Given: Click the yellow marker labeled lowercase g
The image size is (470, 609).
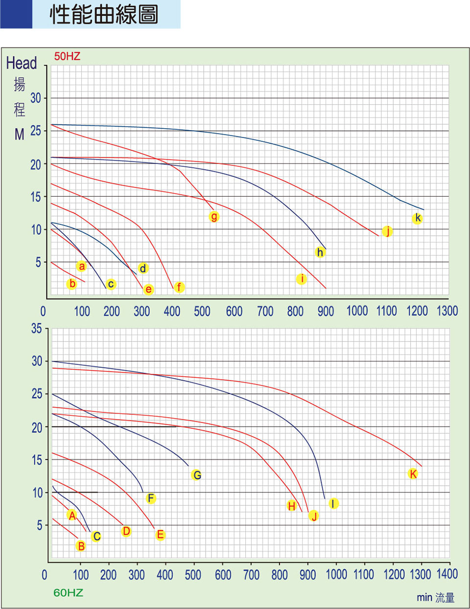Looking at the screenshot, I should [x=214, y=217].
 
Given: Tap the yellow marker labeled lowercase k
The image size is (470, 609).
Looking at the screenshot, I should [x=417, y=218].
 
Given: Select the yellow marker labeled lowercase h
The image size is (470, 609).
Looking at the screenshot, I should [x=320, y=252].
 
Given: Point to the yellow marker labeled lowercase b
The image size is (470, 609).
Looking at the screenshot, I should [x=72, y=284].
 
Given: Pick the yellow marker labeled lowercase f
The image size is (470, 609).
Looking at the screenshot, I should [x=179, y=287].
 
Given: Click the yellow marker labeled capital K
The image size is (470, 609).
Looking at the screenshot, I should [x=413, y=474].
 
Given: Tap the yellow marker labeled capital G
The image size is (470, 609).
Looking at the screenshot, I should [x=196, y=474].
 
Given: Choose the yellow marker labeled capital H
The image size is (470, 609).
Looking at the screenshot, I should [x=292, y=506].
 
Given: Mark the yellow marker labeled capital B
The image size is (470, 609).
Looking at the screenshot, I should [x=81, y=546].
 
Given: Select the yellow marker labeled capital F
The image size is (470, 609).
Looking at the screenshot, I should [x=151, y=498].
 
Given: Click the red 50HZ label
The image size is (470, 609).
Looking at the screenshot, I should [x=67, y=56].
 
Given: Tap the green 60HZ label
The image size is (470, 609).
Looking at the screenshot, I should [x=68, y=593].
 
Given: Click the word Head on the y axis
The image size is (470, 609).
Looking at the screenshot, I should [x=22, y=63].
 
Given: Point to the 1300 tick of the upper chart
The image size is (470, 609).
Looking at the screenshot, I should [x=447, y=311].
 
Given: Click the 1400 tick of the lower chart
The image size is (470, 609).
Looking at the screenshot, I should [x=447, y=574].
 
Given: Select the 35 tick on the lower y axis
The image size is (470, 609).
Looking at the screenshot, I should [x=37, y=329].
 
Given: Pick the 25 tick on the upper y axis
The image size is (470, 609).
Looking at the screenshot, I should [x=36, y=131].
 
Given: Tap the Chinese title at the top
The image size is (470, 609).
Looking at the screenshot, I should [x=104, y=15].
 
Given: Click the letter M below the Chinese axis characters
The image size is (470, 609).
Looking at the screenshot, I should [x=19, y=135].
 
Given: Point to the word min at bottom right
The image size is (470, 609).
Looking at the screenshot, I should [x=424, y=598].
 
